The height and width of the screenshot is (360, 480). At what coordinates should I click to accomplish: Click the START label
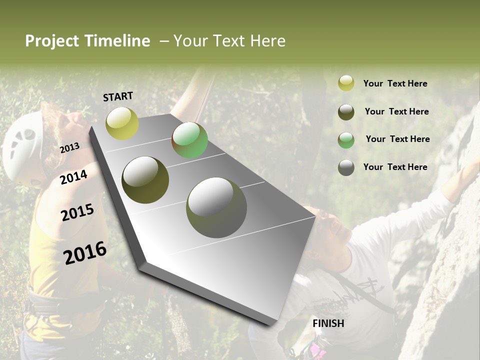[118, 96]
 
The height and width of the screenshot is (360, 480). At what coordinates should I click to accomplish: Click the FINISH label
[328, 323]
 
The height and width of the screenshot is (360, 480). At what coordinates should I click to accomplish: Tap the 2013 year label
[69, 147]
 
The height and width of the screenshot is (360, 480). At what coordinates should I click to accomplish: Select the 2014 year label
[73, 177]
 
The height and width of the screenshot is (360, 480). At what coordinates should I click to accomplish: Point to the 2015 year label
[77, 212]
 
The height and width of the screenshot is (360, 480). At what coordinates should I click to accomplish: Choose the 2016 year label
[85, 252]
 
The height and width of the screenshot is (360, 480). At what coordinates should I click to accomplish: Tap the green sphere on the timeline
[189, 140]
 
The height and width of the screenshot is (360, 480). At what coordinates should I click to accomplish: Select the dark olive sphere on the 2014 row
[145, 180]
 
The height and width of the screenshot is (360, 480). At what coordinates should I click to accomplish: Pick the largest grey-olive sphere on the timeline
[216, 207]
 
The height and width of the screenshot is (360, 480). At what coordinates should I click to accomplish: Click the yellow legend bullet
[346, 83]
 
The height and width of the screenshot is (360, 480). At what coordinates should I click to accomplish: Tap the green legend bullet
[346, 140]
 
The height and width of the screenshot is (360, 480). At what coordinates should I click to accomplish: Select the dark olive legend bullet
[346, 112]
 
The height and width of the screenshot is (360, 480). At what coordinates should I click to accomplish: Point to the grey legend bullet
[346, 167]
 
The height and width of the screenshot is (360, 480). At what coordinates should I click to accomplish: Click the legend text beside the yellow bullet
[395, 84]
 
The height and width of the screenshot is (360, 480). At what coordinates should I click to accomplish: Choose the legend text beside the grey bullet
[395, 167]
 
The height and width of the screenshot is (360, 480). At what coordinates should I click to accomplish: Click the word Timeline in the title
[117, 41]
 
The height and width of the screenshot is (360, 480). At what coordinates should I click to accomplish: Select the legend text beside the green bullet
[397, 139]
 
